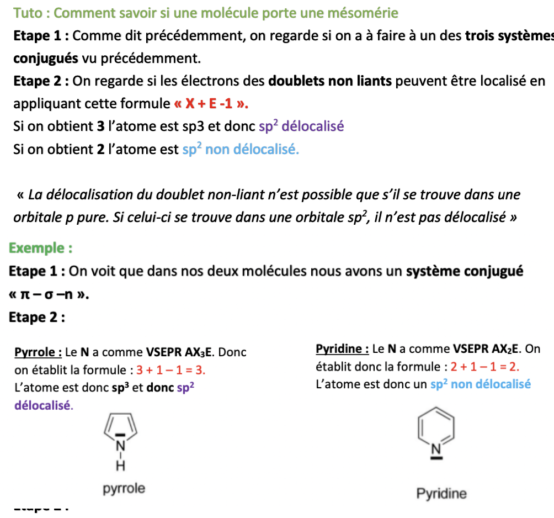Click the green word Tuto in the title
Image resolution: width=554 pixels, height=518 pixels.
coord(27,13)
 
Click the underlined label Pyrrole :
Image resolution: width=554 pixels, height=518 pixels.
coord(38,352)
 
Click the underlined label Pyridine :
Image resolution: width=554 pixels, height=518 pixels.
coord(342,349)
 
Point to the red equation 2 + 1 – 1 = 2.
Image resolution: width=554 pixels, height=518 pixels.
coord(485,367)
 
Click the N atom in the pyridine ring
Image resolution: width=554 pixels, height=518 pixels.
coord(435,450)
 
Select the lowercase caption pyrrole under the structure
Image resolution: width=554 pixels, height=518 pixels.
coord(124,489)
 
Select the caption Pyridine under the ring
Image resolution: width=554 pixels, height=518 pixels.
coord(441,493)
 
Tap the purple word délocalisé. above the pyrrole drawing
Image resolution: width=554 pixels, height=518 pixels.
coord(43,405)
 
